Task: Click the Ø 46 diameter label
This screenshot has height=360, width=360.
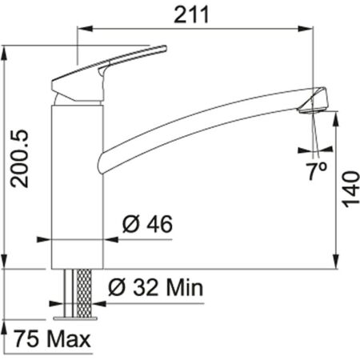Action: [x=147, y=226]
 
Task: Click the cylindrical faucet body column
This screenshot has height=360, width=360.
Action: [x=78, y=184]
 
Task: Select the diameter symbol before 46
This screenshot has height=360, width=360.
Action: [x=130, y=226]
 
